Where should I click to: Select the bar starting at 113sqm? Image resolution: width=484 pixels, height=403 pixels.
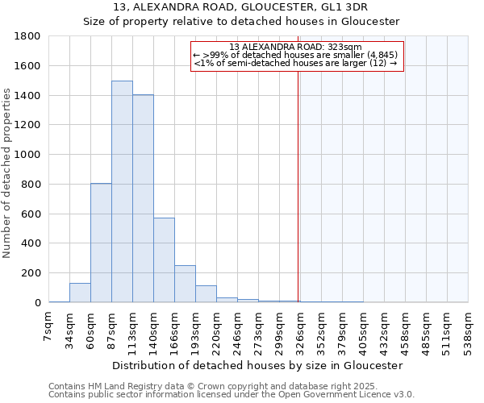pos(143,198)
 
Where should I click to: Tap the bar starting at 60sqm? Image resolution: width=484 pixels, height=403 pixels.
pos(101,243)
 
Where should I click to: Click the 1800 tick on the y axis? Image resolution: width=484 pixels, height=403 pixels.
pos(28,36)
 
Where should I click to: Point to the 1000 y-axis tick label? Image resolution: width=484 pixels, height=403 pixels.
pos(28,155)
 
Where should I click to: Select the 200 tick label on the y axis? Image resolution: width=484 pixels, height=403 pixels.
pos(31,273)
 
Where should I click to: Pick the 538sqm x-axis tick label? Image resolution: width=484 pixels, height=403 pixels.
pos(468,330)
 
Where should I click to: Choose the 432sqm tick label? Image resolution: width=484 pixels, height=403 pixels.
pos(384,330)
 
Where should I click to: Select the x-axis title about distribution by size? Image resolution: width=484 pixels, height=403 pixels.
pos(257,365)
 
